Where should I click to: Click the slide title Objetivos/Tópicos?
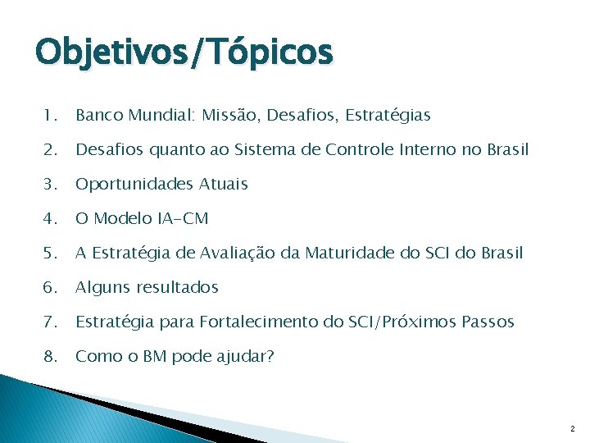(184, 53)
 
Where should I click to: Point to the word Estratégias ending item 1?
(385, 116)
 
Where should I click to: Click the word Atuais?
(221, 185)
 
